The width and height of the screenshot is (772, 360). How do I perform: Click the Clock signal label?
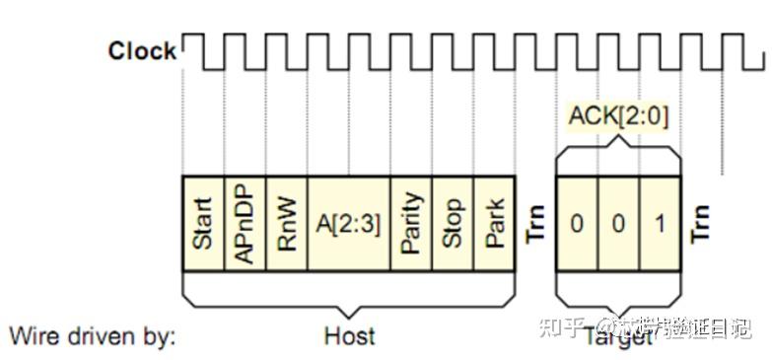coord(142,50)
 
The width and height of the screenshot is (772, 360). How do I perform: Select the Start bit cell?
coord(204,224)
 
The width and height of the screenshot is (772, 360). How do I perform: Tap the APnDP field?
coord(246,224)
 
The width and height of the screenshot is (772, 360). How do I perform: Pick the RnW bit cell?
coord(287,224)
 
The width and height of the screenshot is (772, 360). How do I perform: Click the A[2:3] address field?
coord(349,224)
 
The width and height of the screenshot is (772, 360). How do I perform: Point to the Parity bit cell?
coord(412,224)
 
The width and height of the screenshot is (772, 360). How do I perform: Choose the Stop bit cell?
coord(454,224)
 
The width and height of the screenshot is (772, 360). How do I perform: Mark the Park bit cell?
coord(495,224)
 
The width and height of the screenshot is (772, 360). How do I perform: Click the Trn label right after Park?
coord(535,224)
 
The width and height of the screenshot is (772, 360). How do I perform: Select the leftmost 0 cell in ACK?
coord(577,224)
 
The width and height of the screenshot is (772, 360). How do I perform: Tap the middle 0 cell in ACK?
coord(618,224)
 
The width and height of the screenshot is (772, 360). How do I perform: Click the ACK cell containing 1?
coord(660,224)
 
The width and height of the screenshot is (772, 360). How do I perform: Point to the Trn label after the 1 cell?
coord(701,224)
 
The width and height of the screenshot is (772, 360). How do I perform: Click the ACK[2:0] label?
coord(618,116)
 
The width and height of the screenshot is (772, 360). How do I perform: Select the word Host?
coord(349,335)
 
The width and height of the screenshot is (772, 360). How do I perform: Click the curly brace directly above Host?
coord(349,291)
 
